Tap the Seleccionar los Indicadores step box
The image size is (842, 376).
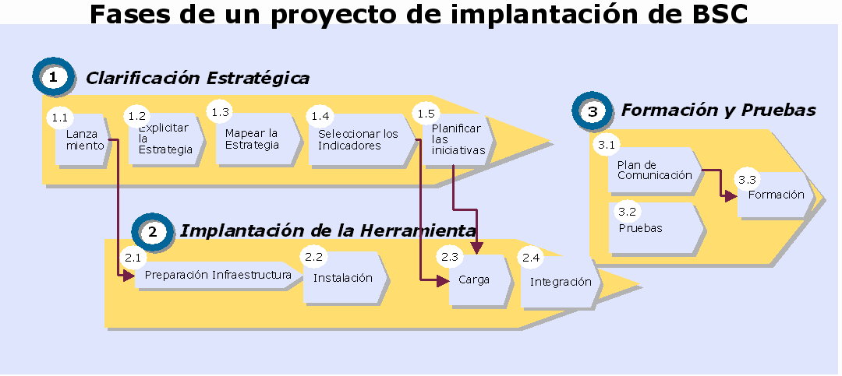362,139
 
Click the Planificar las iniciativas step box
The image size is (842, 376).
460,139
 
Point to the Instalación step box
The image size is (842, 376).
345,277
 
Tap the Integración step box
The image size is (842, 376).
560,282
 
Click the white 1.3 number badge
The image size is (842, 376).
220,112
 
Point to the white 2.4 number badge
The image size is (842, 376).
531,258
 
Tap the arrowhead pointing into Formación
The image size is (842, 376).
731,195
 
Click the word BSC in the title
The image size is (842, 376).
716,14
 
